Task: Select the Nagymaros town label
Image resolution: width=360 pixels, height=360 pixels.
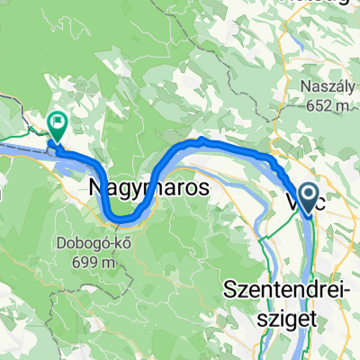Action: point(148,189)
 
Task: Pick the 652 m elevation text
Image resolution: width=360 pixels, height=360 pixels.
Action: point(328,107)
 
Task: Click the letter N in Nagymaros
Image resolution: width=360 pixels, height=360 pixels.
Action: point(99,189)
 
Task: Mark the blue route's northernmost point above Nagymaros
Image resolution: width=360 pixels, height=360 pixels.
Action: point(200,141)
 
